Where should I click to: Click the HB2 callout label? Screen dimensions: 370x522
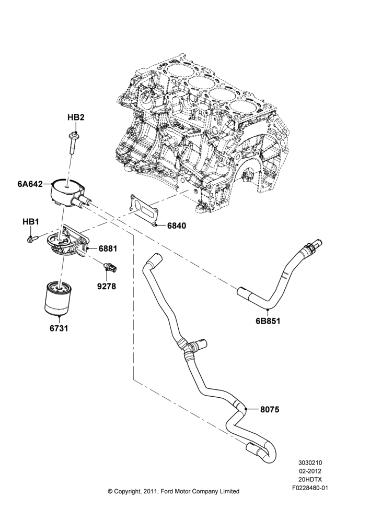pyautogui.click(x=76, y=117)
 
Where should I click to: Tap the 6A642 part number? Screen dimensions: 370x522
pyautogui.click(x=30, y=184)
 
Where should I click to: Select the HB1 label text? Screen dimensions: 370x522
pyautogui.click(x=31, y=222)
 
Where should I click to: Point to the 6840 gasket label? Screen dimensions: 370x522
pyautogui.click(x=177, y=226)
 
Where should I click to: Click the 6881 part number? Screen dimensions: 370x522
pyautogui.click(x=108, y=248)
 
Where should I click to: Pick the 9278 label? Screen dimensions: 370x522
pyautogui.click(x=107, y=286)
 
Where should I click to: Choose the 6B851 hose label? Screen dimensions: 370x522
pyautogui.click(x=268, y=321)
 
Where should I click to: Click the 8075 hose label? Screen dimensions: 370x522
pyautogui.click(x=270, y=409)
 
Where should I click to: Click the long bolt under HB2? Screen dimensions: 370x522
pyautogui.click(x=72, y=144)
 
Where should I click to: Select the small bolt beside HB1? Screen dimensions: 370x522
pyautogui.click(x=32, y=239)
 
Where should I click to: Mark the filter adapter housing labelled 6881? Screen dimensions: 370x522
pyautogui.click(x=68, y=243)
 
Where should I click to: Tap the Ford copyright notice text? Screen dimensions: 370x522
pyautogui.click(x=174, y=491)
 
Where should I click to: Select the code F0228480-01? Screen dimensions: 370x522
pyautogui.click(x=310, y=489)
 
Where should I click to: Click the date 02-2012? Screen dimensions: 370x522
pyautogui.click(x=310, y=471)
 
